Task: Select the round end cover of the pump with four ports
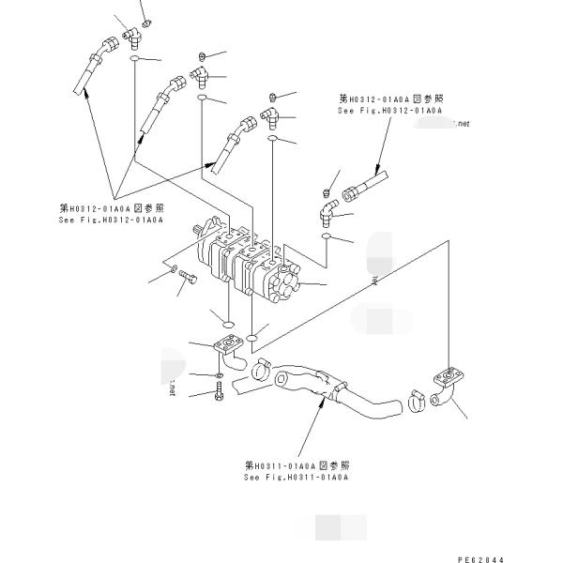tap(285, 279)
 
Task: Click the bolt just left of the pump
tap(186, 279)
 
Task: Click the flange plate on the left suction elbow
tap(225, 347)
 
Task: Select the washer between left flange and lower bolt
tap(219, 375)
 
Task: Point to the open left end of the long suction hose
tap(239, 382)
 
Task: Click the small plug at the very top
tap(145, 22)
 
